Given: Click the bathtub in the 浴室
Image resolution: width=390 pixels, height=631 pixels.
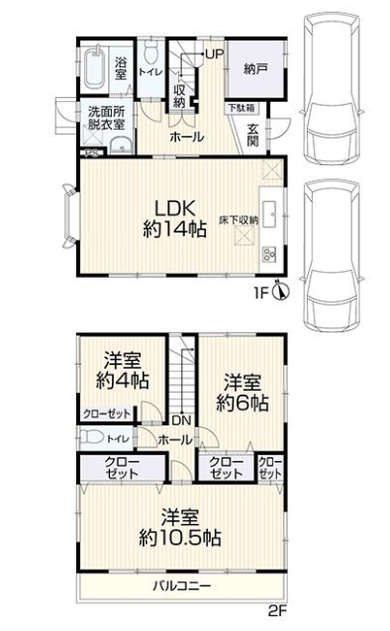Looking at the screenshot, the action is [95, 67].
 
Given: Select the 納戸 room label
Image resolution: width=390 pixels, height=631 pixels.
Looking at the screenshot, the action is [255, 69].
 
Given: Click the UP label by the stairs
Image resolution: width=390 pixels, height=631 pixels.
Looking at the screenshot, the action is [215, 54].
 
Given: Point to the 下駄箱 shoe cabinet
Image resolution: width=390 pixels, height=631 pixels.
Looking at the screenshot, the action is [242, 108].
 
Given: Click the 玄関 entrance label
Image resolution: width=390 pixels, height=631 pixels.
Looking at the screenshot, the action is [252, 135].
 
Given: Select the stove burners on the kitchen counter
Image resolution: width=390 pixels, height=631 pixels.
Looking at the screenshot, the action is [269, 254].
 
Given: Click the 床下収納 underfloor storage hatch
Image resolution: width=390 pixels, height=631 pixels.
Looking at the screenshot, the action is [244, 235].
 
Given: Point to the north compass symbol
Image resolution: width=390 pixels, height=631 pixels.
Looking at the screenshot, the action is [282, 290].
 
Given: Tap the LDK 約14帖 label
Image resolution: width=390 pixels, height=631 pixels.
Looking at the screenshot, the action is [175, 219].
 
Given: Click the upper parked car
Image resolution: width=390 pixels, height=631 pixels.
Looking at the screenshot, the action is [332, 89].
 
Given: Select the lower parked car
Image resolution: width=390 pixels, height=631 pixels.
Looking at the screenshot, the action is [332, 257].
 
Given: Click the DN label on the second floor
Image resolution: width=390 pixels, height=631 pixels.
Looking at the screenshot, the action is [182, 420].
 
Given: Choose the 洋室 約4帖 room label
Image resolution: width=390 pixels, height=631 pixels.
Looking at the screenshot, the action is [123, 370].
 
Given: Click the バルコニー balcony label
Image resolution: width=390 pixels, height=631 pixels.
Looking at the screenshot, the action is [182, 586].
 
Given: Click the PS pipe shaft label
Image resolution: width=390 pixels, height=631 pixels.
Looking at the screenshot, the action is [93, 153].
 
